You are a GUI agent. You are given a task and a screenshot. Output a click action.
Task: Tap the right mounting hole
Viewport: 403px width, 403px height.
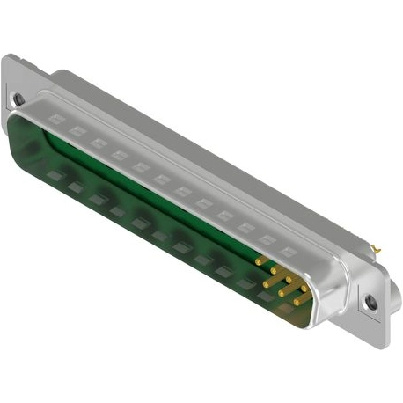372,302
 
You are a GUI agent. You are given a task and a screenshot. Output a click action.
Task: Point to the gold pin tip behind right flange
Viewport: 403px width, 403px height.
378,249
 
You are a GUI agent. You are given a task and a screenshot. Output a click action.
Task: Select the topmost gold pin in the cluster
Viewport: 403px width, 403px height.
261,260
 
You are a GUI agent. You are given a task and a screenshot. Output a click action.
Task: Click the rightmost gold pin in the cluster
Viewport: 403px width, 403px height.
304,282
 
